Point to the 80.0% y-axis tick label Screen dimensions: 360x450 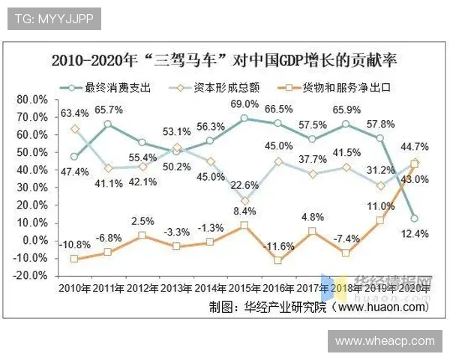(32, 100)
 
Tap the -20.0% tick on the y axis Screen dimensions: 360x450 (31, 275)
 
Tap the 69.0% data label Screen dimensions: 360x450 (244, 104)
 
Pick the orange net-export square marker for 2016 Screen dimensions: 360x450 (278, 261)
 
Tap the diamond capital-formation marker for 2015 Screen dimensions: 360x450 (244, 201)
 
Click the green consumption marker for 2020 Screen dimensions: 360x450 (415, 218)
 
